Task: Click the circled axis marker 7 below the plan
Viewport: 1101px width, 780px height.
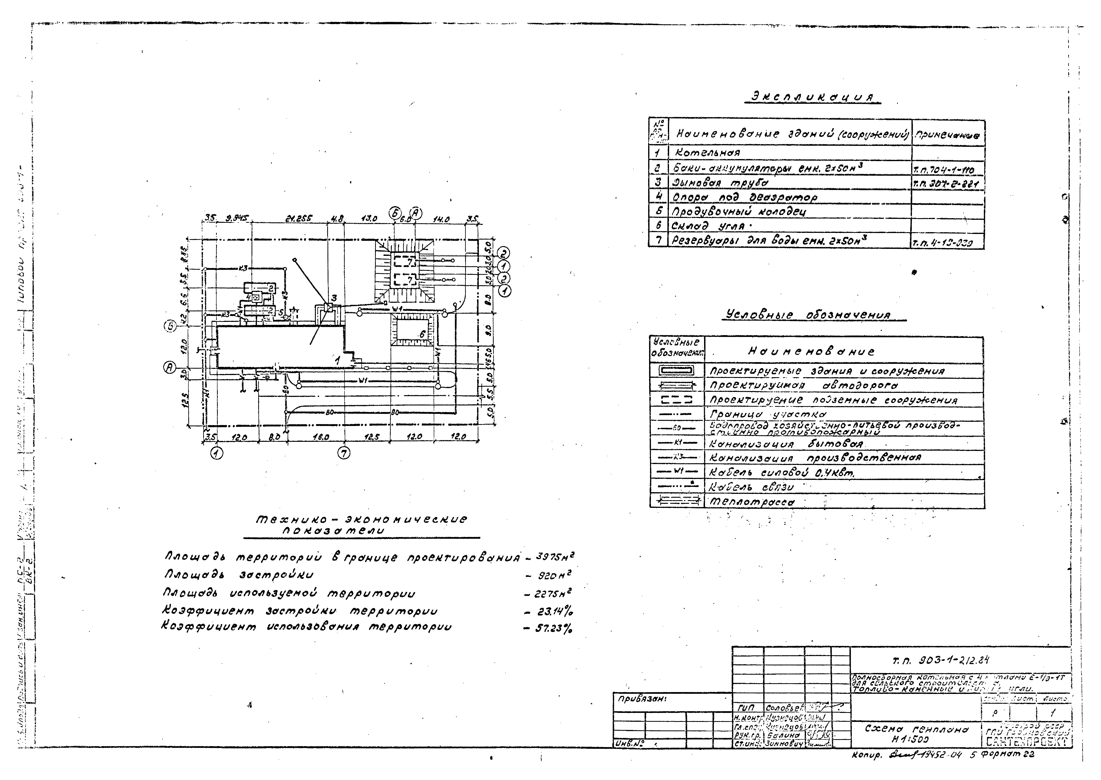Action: tap(343, 453)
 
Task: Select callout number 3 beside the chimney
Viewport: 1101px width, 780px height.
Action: tap(334, 298)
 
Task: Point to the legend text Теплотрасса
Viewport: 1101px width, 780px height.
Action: tap(752, 502)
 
